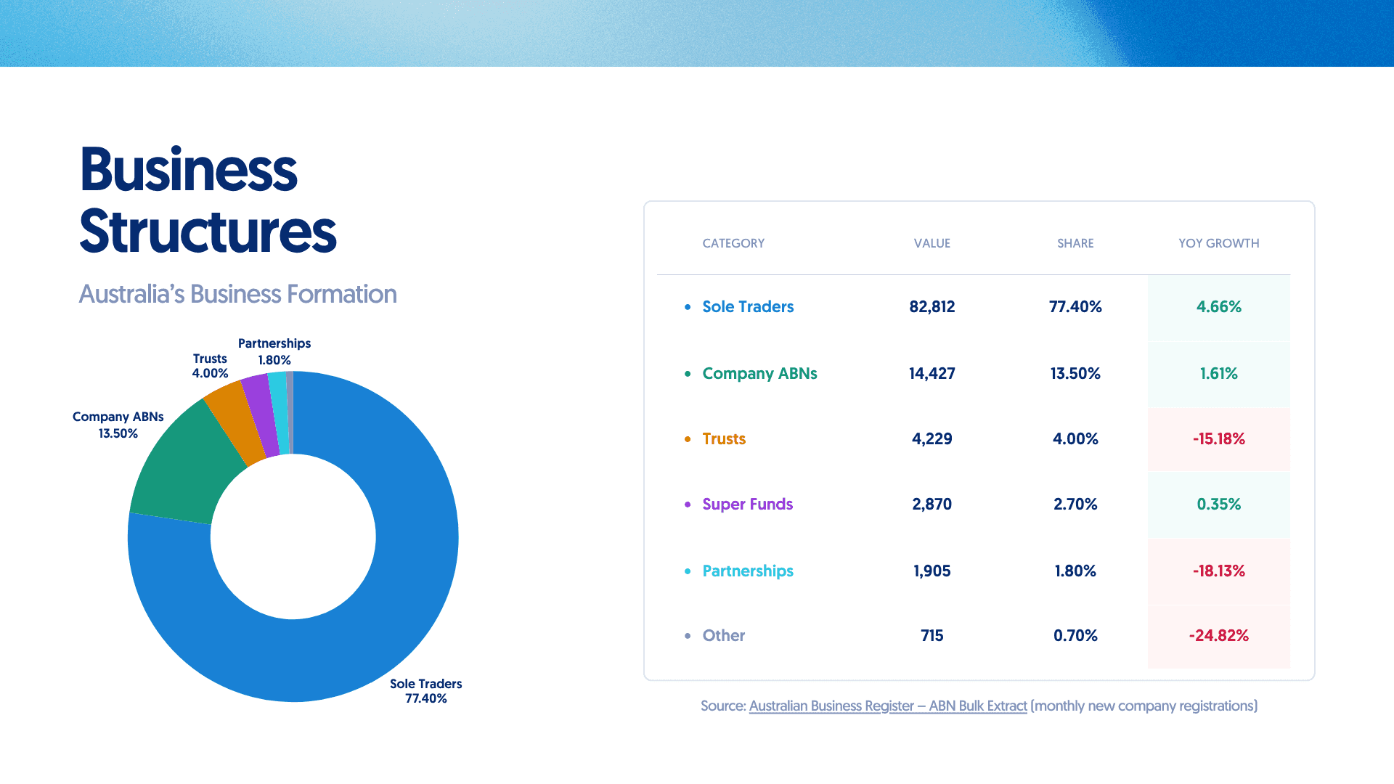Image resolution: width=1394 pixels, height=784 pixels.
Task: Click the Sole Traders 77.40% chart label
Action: pos(425,691)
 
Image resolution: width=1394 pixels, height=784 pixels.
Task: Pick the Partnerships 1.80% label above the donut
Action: pos(274,351)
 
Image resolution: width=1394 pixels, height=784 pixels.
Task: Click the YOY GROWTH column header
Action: pos(1218,243)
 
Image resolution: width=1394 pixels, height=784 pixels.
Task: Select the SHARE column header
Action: pos(1075,243)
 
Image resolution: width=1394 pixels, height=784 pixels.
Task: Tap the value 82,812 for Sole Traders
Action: pos(932,306)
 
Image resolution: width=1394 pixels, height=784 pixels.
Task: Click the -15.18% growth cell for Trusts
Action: pos(1218,438)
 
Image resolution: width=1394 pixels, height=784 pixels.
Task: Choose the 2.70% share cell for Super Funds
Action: pos(1075,504)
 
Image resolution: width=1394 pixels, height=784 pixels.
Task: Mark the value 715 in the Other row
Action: pos(932,635)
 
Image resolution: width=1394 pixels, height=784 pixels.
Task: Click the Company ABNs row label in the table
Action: pos(759,373)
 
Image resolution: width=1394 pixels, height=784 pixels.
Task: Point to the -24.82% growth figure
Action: pos(1218,635)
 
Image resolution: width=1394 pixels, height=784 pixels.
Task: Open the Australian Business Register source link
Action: pos(887,706)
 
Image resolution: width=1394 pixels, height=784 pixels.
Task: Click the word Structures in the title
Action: pos(208,232)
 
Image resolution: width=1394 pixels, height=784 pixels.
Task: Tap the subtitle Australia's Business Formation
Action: pos(237,294)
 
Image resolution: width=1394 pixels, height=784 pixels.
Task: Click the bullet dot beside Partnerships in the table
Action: pos(688,571)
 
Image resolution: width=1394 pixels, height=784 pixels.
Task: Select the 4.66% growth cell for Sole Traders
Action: pos(1218,306)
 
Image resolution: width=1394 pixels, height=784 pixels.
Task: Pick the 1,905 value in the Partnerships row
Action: pos(932,571)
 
